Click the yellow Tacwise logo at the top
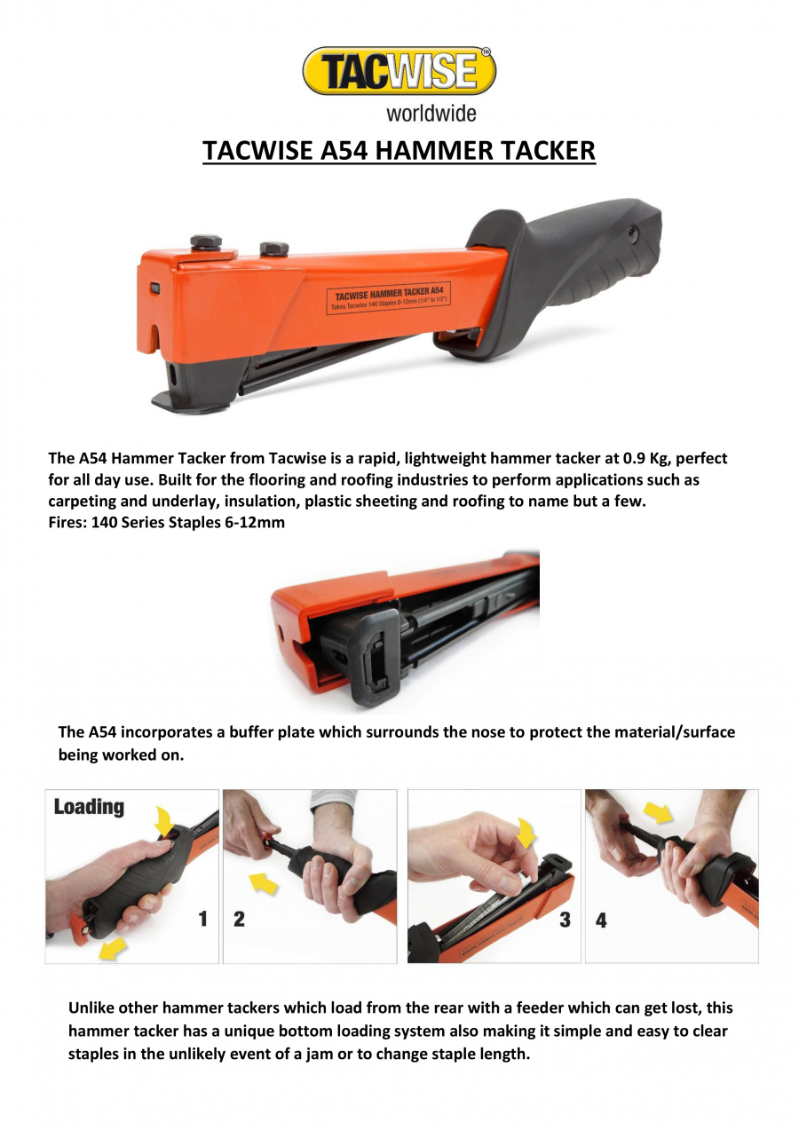click(399, 72)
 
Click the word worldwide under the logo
click(431, 114)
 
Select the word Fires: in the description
click(67, 523)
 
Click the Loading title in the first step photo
click(89, 807)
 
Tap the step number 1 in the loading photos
click(203, 920)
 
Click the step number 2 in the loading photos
click(239, 920)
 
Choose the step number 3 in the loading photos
click(565, 921)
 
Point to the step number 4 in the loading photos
click(601, 921)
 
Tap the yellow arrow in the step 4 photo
click(658, 810)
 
